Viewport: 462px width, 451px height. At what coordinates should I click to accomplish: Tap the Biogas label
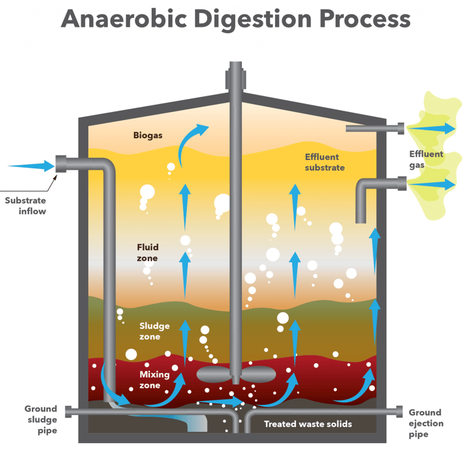click(x=147, y=135)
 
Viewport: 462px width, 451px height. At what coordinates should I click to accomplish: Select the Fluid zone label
click(x=147, y=253)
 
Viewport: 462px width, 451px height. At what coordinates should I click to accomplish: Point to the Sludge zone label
click(x=155, y=331)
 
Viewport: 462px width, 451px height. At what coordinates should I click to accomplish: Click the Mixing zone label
click(x=155, y=379)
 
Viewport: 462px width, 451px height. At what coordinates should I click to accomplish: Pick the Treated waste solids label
click(x=307, y=424)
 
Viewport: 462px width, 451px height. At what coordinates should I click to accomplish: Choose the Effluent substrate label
click(x=325, y=162)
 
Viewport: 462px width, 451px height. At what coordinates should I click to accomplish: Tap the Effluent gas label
click(x=425, y=159)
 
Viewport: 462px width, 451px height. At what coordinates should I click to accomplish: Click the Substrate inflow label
click(x=25, y=206)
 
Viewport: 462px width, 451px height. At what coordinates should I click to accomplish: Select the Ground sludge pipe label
click(x=41, y=419)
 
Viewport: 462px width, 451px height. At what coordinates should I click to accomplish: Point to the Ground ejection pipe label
click(x=426, y=423)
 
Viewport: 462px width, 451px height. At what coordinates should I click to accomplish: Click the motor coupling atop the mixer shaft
click(x=235, y=78)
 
